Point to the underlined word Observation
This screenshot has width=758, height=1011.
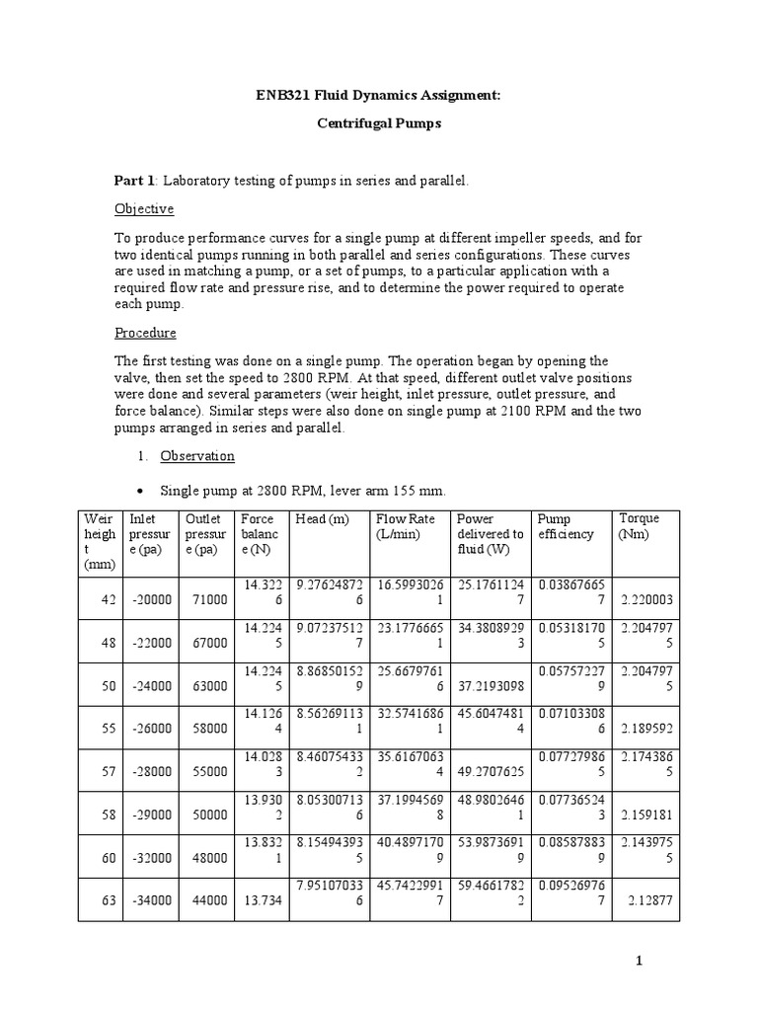[x=197, y=456]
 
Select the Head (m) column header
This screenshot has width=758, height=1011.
[x=319, y=519]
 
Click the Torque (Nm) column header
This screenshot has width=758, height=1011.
[x=639, y=526]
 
